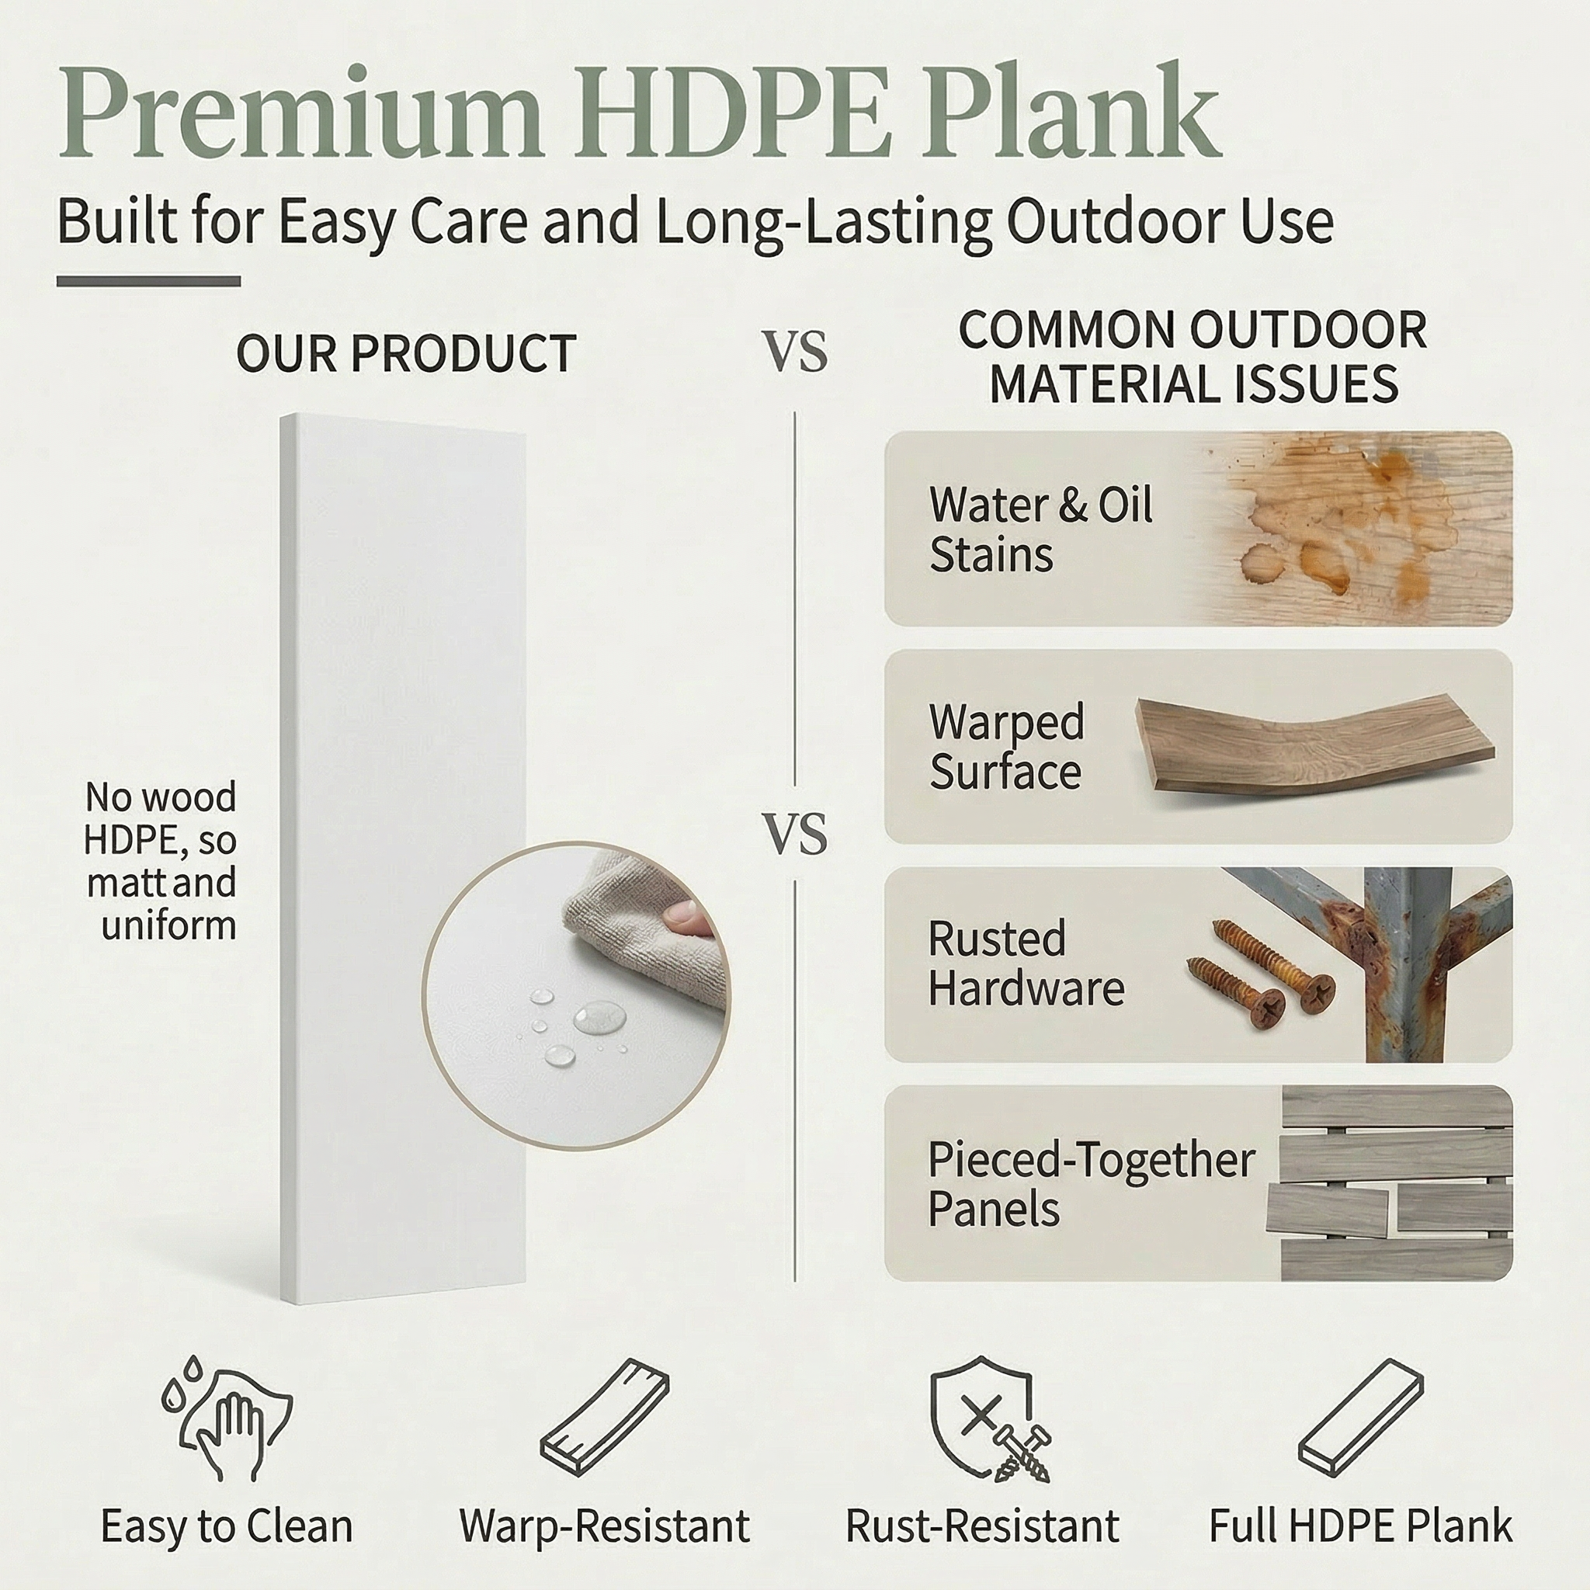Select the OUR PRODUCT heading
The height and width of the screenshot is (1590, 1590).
[406, 354]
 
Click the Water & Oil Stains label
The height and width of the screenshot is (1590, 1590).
[1041, 529]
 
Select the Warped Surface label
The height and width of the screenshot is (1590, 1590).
[1006, 746]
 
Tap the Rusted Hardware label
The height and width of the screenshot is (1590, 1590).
[1026, 963]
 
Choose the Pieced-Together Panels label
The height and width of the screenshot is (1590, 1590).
[1092, 1184]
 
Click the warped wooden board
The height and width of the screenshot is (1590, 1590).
[1315, 745]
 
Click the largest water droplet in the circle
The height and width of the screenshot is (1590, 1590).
[599, 1017]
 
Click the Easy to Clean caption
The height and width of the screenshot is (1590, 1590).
[227, 1526]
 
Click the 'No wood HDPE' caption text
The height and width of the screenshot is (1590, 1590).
[161, 861]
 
